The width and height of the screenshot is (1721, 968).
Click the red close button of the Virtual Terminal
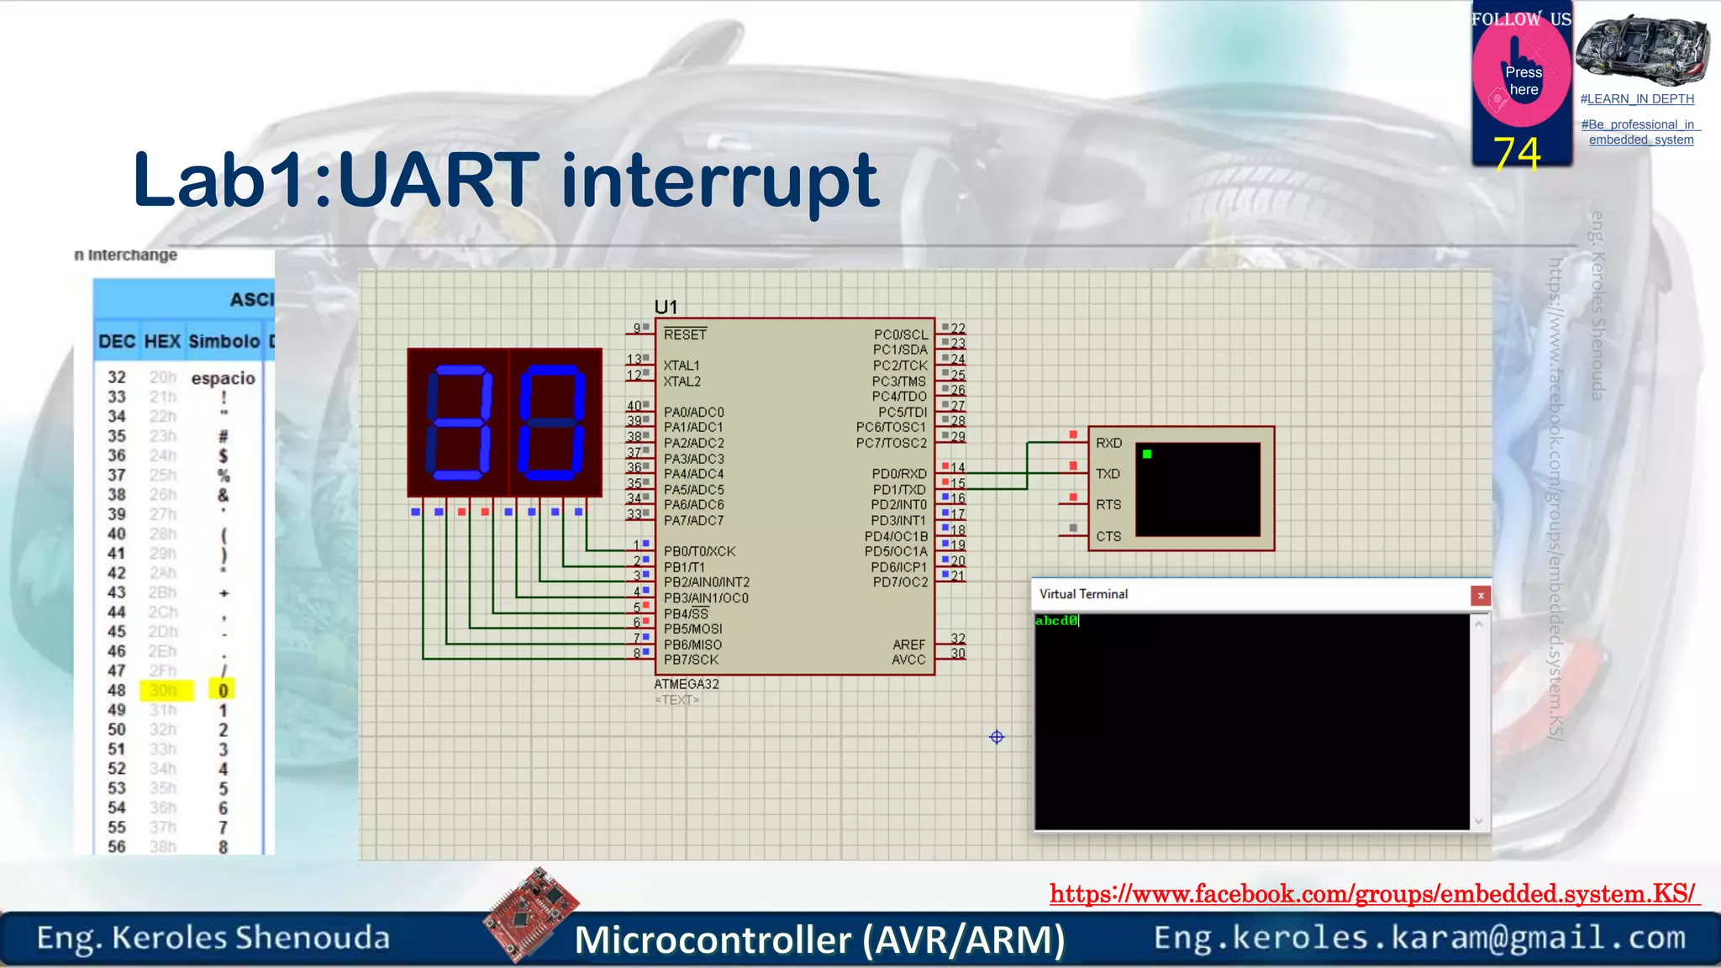[1480, 595]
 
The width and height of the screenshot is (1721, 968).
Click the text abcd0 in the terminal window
[1055, 620]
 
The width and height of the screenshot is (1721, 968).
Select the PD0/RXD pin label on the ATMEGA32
[898, 474]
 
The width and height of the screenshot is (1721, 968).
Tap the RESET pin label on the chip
[685, 334]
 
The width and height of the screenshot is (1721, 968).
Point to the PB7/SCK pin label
[691, 660]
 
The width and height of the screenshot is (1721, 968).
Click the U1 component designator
[666, 307]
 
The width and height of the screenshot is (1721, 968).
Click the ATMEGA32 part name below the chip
[686, 684]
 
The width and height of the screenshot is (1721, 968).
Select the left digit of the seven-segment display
[459, 422]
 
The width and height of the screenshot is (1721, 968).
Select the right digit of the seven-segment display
[552, 422]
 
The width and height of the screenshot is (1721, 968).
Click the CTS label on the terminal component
[1108, 536]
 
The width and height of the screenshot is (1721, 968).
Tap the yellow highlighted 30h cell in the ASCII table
[164, 691]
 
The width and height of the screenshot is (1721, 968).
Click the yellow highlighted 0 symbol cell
[223, 691]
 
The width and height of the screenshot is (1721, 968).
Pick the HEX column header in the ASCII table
[162, 341]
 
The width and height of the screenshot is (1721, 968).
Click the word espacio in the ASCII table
[223, 378]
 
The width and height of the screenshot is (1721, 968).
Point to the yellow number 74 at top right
[1517, 154]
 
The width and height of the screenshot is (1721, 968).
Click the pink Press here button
[1522, 82]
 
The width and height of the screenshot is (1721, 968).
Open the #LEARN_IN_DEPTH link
[1636, 99]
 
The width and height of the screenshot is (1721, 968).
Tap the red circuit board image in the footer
[532, 913]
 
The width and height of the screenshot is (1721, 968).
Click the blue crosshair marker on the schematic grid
[997, 737]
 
